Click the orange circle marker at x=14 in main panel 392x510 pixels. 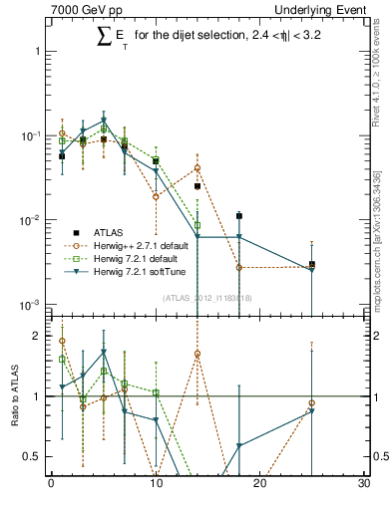tap(197, 168)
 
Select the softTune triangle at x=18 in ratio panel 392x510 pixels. tap(239, 445)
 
